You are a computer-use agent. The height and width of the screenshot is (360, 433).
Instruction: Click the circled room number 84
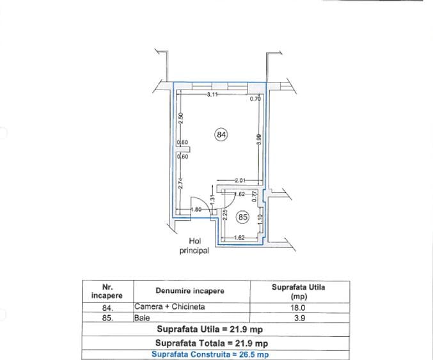(x=221, y=135)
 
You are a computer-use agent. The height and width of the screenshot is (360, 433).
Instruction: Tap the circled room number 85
(x=243, y=217)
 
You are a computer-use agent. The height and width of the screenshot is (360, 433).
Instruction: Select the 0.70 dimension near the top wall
(x=255, y=99)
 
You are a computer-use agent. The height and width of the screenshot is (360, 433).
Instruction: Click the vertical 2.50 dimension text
(x=181, y=118)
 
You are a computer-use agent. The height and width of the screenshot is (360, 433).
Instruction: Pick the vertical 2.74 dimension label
(x=181, y=184)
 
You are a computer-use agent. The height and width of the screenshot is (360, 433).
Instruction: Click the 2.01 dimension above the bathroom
(x=240, y=180)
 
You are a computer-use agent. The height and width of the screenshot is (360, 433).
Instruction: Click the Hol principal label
(x=194, y=246)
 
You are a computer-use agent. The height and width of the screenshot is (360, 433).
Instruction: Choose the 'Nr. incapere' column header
(x=107, y=292)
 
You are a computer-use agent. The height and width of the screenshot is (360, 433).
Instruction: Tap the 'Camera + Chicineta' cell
(x=169, y=307)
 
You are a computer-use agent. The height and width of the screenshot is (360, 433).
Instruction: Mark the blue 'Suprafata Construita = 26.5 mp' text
(x=210, y=354)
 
